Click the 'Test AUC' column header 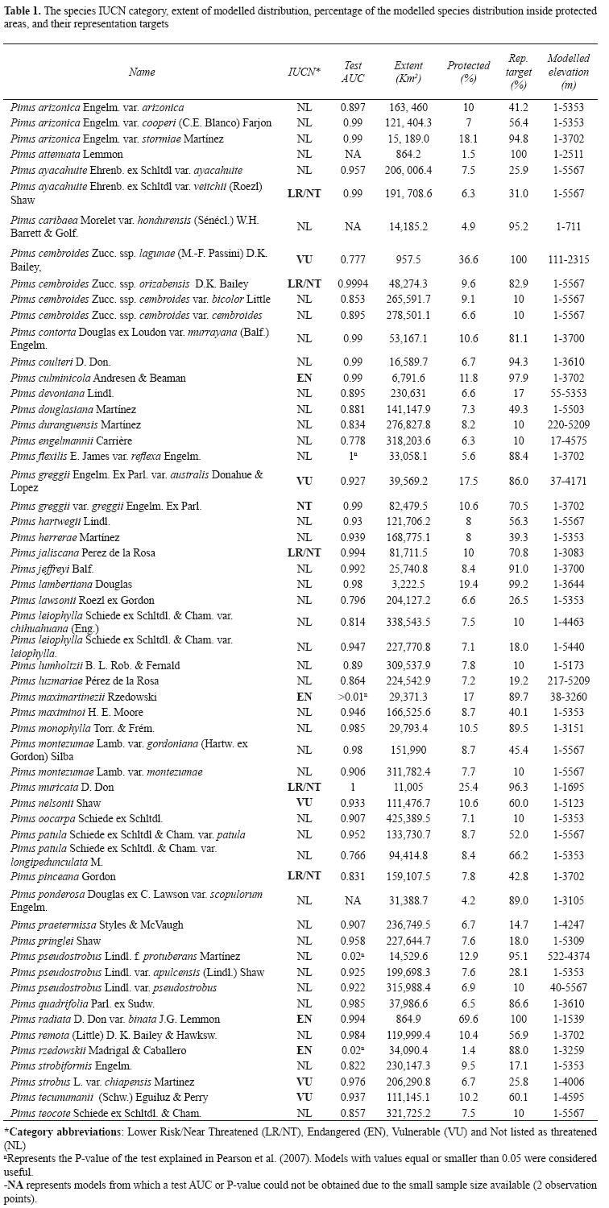click(353, 72)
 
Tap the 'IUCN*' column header click(304, 72)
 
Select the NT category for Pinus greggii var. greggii click(304, 507)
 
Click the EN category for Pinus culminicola click(304, 378)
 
